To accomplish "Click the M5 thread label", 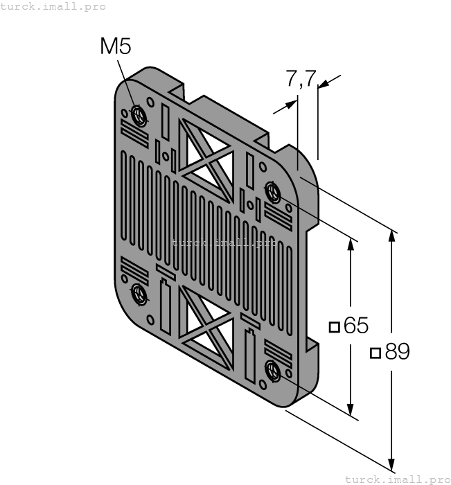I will click(116, 46).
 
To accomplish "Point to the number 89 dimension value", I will click(398, 352).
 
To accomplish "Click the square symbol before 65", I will click(335, 326).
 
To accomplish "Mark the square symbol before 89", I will click(375, 353).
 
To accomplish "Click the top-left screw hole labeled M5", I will click(139, 114).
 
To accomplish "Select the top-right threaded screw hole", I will click(273, 190).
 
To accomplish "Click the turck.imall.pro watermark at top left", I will click(53, 6).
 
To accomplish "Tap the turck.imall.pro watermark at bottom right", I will click(397, 479).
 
